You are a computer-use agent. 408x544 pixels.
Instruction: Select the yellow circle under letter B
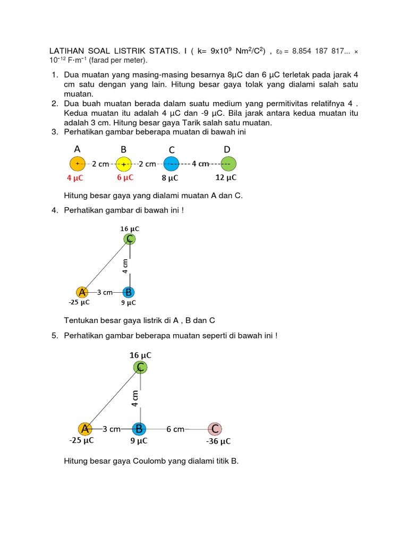pos(123,164)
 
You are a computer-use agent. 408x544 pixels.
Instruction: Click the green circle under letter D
pos(228,164)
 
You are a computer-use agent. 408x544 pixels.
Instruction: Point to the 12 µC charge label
pos(226,177)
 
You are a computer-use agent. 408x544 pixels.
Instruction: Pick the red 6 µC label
pos(125,177)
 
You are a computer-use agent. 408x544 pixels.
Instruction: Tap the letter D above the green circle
pos(227,150)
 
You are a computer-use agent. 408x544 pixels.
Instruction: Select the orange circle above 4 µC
pos(77,164)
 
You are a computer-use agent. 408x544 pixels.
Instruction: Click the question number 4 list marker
pos(55,210)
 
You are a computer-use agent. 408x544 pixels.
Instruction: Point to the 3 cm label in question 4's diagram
pos(105,292)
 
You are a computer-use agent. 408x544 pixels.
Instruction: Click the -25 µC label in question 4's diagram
pos(79,302)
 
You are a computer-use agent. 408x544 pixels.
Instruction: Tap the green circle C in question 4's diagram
pos(129,239)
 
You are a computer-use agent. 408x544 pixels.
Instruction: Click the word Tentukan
pos(81,320)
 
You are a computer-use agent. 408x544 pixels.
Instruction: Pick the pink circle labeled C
pos(215,429)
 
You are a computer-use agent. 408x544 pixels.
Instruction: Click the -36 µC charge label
pos(218,441)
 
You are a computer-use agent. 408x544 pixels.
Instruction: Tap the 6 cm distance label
pos(175,429)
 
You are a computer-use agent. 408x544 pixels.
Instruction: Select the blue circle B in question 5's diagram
pos(139,429)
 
